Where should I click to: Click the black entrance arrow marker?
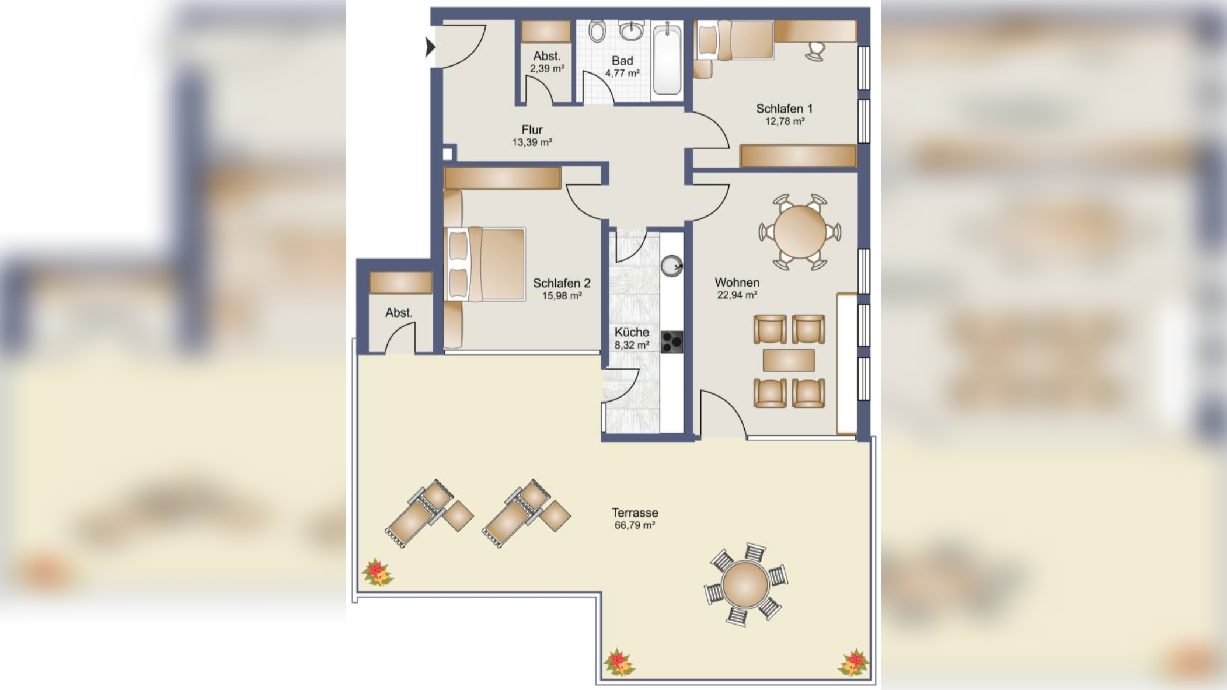point(430,47)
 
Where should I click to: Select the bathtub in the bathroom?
point(667,59)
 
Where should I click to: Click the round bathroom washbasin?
point(631,31)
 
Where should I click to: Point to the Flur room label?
point(532,130)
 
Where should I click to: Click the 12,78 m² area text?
point(785,121)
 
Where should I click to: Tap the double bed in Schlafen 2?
point(485,264)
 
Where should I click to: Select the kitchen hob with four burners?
point(671,342)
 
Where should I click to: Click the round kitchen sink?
point(672,266)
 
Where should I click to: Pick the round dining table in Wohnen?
point(800,232)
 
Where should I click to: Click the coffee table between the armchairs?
point(788,361)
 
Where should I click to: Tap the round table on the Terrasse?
point(745,584)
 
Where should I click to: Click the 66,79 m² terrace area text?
point(635,525)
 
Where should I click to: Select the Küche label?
point(632,332)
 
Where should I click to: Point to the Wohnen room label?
point(737,283)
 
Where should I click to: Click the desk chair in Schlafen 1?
point(815,51)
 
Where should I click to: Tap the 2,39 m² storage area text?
point(547,68)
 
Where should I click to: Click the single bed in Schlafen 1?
point(735,40)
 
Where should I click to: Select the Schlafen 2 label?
point(562,283)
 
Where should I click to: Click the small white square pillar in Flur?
point(447,154)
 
